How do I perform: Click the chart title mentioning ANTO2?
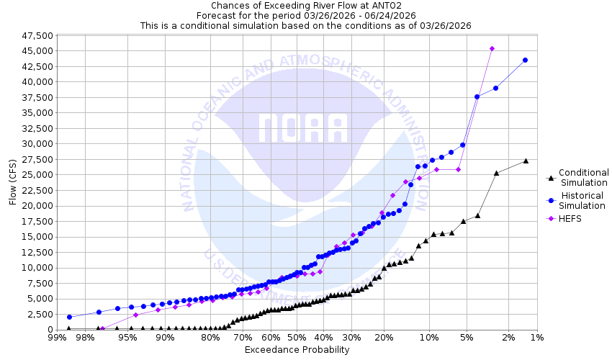305,5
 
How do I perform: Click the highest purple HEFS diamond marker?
492,49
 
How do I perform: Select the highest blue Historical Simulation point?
525,60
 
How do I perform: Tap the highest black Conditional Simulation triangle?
526,161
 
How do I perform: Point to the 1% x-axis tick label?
536,338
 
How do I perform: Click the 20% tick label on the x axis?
384,338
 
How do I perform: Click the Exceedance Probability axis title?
297,350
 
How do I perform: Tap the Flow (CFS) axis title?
12,182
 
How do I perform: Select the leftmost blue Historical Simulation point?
69,317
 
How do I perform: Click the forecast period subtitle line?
305,15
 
